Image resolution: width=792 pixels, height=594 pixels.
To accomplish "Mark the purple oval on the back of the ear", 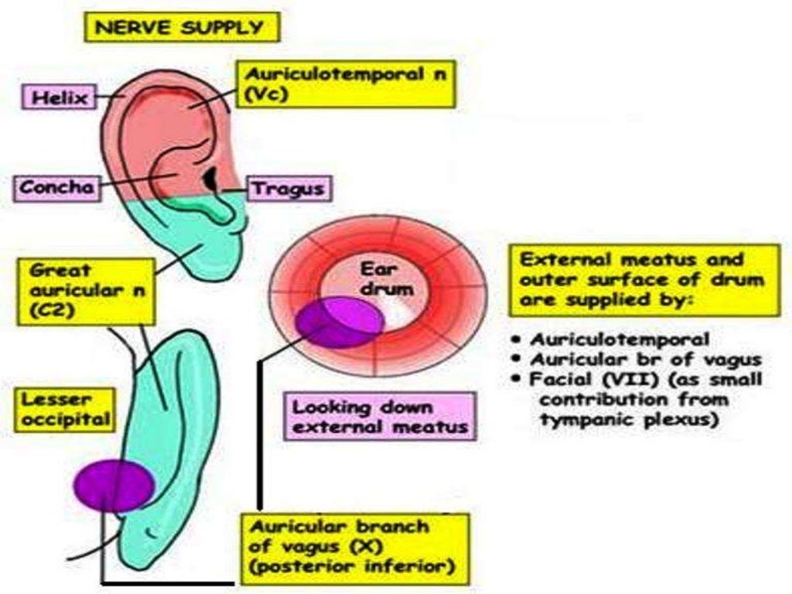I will [x=113, y=486].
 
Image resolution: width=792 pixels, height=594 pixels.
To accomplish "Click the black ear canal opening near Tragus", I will [x=210, y=179].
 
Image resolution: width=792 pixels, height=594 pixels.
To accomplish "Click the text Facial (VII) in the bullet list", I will [x=575, y=380].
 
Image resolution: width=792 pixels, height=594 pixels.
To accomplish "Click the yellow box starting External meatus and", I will [x=643, y=279].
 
